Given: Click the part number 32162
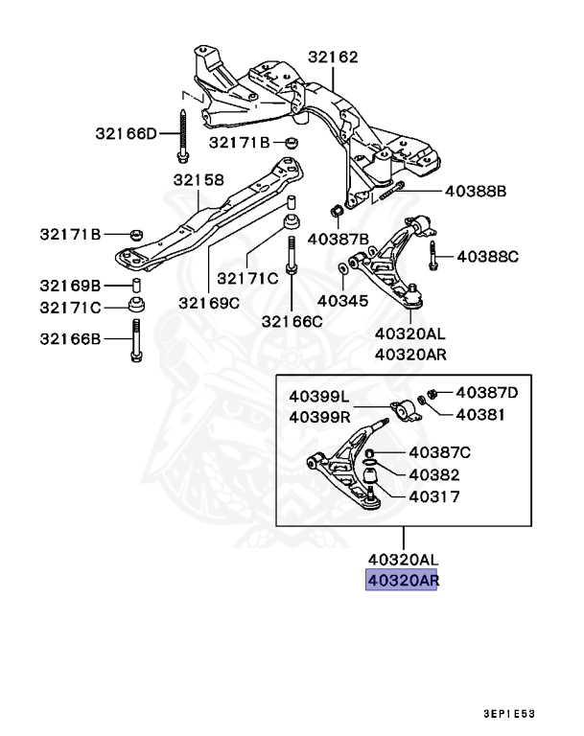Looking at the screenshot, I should tap(333, 57).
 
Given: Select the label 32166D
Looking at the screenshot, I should tap(125, 133).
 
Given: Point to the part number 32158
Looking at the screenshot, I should tap(199, 180).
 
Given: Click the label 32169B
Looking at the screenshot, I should tap(70, 286).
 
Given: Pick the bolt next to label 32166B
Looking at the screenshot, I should tap(135, 341).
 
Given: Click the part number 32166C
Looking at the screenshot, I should tap(292, 321).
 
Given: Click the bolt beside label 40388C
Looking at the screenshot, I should tap(434, 256).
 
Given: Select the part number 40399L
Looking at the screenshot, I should tap(320, 396).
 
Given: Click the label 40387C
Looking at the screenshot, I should tap(440, 451).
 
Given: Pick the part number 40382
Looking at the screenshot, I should tap(433, 474).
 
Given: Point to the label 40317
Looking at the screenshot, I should tap(433, 497).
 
